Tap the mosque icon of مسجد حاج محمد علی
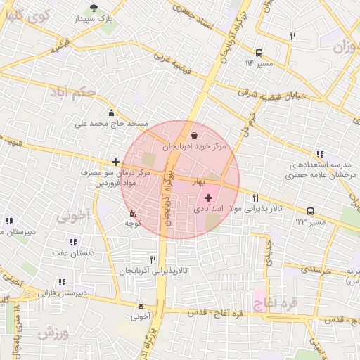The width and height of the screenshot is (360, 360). [x=111, y=112]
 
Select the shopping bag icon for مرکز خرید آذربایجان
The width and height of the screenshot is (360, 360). [x=194, y=136]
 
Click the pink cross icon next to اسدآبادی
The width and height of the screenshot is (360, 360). [x=208, y=198]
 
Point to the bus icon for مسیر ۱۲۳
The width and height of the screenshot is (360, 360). [x=310, y=211]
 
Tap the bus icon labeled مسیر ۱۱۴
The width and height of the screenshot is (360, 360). [x=259, y=53]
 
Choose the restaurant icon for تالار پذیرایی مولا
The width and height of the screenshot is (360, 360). [x=255, y=198]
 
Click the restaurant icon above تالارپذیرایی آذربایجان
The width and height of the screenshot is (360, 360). [x=153, y=259]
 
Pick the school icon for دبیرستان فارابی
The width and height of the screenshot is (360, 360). [x=62, y=282]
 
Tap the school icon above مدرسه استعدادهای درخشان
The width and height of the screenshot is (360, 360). [x=320, y=154]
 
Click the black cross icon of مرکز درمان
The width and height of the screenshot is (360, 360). [x=115, y=162]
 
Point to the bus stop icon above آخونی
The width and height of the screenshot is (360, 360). [x=141, y=305]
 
